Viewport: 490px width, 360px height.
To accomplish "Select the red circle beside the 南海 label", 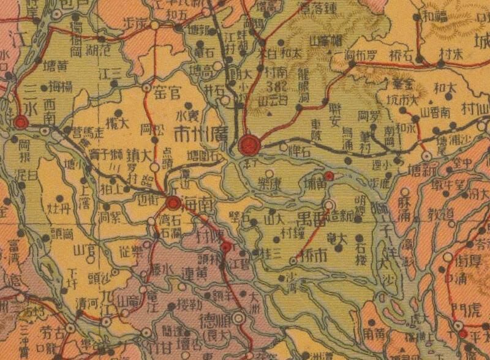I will click(x=174, y=203).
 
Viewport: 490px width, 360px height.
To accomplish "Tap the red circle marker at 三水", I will click(x=21, y=122).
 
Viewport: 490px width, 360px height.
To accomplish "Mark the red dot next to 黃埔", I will click(x=329, y=176).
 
